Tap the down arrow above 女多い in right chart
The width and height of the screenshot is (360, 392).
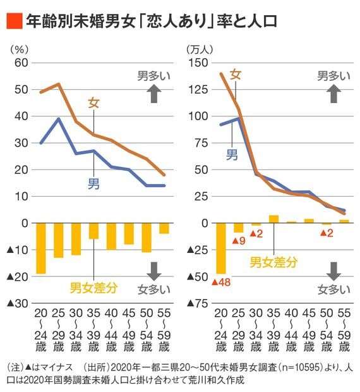[334, 271]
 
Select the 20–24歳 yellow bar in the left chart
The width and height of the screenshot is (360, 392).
[41, 248]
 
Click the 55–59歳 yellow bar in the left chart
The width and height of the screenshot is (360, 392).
[164, 228]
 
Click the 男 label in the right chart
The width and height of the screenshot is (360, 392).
[232, 154]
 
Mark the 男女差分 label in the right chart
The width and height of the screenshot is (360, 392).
[273, 260]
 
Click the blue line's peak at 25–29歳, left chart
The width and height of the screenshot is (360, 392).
[59, 119]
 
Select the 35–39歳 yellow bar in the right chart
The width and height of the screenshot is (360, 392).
[273, 219]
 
